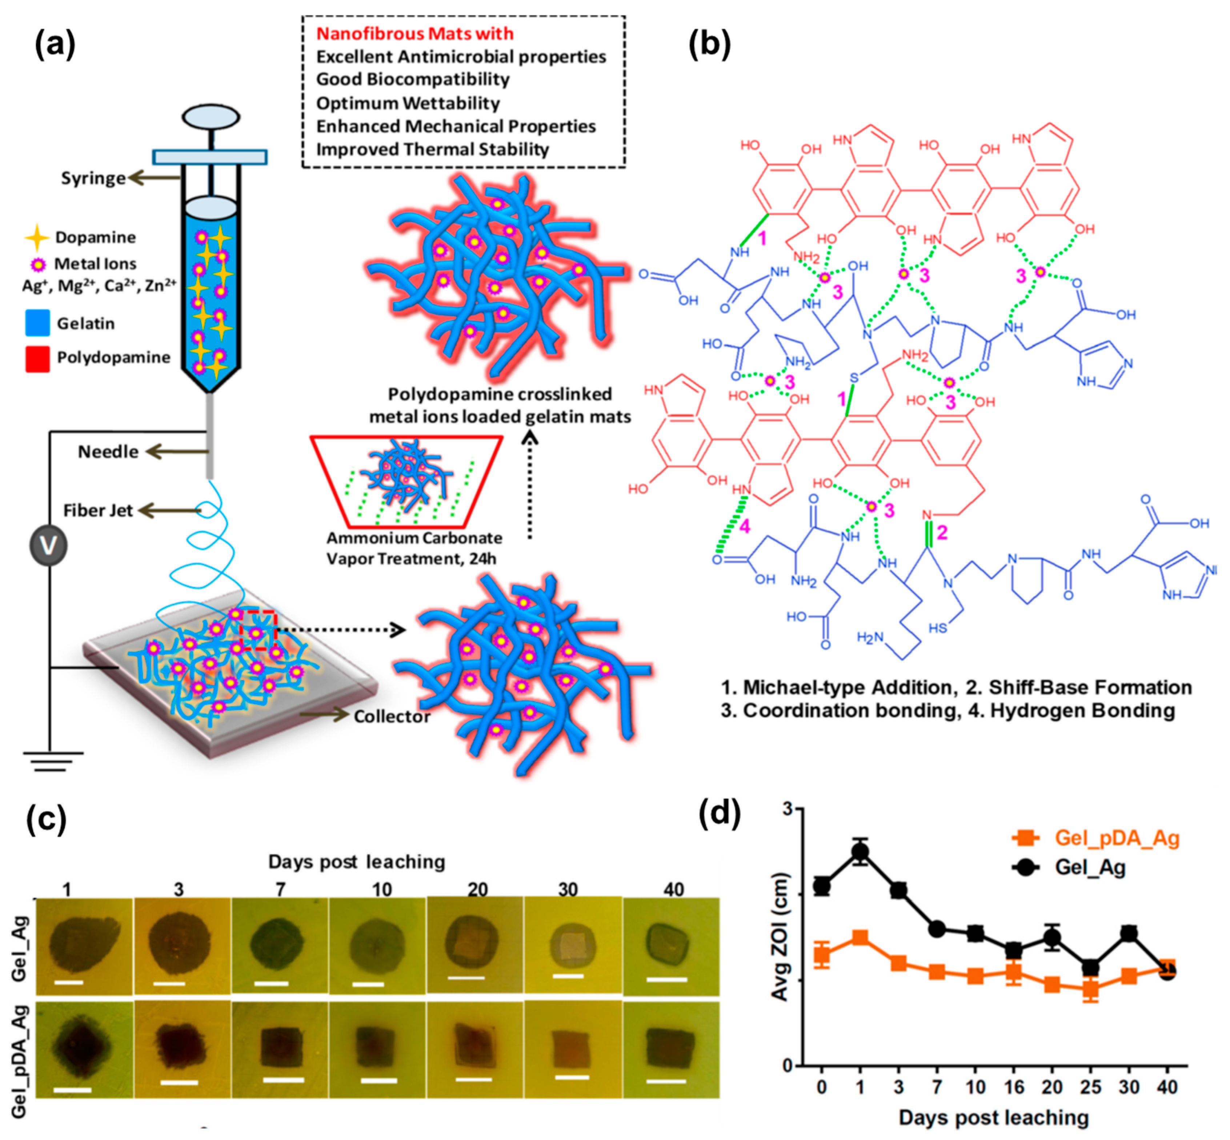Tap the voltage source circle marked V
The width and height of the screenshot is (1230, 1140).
click(x=48, y=545)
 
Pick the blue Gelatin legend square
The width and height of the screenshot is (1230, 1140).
click(x=37, y=323)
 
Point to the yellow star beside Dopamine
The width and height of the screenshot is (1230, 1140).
click(x=37, y=237)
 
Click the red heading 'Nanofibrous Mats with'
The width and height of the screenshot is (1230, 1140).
click(x=414, y=33)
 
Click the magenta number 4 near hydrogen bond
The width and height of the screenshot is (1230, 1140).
click(x=745, y=526)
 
